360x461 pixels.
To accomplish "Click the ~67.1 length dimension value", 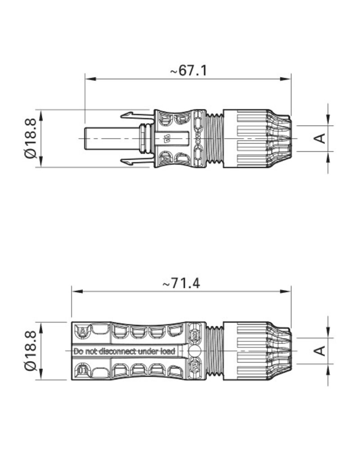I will click(189, 71).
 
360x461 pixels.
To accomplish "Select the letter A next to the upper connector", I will click(321, 138).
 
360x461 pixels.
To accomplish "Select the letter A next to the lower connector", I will click(321, 350).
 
